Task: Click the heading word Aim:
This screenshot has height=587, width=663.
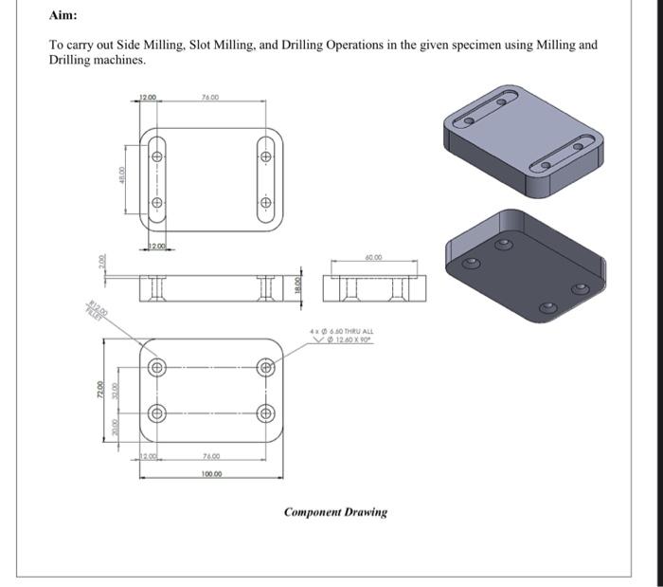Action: coord(63,16)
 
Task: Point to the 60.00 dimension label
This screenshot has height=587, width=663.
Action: coord(372,257)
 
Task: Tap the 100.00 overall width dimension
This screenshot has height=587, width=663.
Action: coord(211,473)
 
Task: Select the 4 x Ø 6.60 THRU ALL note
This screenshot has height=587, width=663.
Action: coord(343,331)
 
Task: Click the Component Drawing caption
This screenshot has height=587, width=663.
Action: coord(335,512)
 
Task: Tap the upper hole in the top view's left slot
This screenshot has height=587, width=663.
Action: coord(157,156)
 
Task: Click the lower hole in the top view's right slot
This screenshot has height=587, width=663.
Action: coord(265,201)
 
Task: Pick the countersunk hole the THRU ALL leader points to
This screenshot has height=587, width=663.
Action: coord(265,367)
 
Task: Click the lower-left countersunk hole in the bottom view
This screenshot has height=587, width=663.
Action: coord(157,413)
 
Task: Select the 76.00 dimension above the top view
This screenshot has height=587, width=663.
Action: coord(210,97)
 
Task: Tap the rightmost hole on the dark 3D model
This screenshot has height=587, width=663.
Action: coord(579,289)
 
